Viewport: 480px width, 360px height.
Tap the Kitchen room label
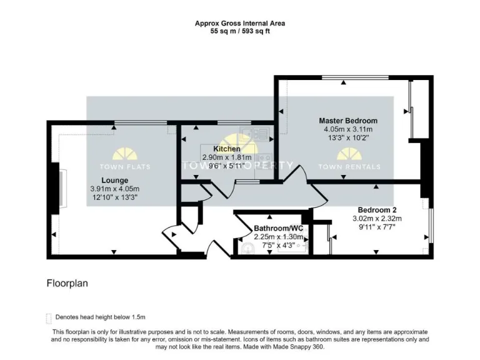[226, 149]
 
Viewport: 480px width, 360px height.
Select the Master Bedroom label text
[348, 121]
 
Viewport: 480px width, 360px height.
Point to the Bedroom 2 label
[377, 209]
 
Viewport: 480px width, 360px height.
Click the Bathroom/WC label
[278, 229]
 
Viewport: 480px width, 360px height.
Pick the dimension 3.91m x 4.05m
[114, 188]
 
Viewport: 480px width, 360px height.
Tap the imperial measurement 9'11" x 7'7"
[377, 227]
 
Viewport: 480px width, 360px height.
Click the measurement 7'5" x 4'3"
[278, 246]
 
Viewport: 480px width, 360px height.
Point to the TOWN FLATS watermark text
[125, 167]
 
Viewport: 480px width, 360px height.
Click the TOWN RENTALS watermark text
[349, 167]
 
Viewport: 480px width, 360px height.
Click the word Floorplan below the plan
[67, 283]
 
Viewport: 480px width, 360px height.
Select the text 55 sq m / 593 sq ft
[240, 31]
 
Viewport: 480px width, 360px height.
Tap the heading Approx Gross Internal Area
[240, 23]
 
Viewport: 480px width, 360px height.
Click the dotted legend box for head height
[49, 317]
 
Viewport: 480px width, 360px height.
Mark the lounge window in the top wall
[134, 122]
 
